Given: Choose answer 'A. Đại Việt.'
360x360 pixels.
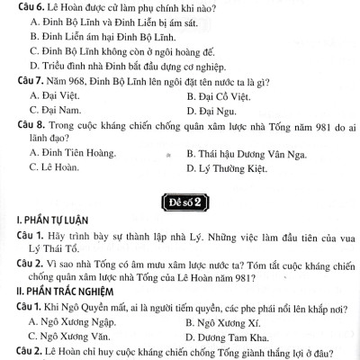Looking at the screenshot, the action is (58, 95).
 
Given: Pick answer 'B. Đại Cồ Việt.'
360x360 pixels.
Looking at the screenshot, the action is (226, 95).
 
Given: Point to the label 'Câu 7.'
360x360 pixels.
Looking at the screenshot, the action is (20, 80).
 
